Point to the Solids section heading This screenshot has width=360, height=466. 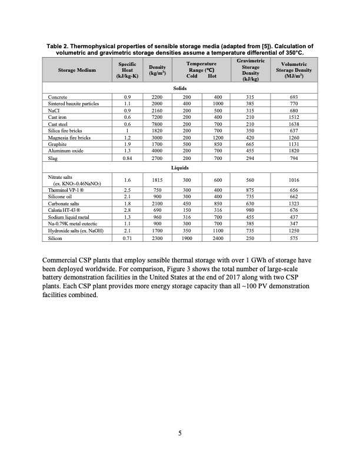click(x=180, y=87)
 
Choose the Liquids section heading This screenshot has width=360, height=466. click(x=180, y=167)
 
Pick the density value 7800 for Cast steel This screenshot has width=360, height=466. click(x=157, y=124)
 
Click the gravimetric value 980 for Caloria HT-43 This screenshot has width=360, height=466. click(x=251, y=208)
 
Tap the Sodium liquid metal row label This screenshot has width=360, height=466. click(x=66, y=215)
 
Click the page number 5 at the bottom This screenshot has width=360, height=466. click(x=180, y=435)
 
